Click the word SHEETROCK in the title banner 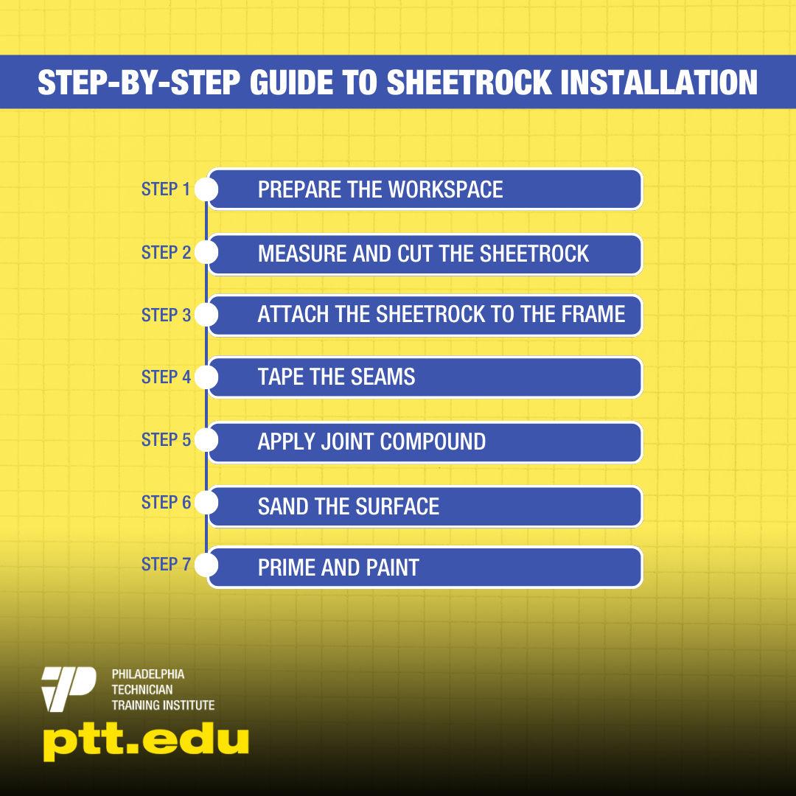[469, 83]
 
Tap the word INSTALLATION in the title [659, 83]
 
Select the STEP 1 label [166, 189]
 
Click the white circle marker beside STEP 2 [206, 252]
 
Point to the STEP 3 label [166, 315]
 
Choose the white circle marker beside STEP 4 [206, 377]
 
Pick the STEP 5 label [166, 439]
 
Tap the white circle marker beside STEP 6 [206, 503]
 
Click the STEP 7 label [166, 564]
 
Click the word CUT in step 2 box [415, 254]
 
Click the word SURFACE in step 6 [397, 506]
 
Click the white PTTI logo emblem [69, 689]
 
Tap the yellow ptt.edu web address [146, 742]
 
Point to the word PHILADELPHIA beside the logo [148, 674]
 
